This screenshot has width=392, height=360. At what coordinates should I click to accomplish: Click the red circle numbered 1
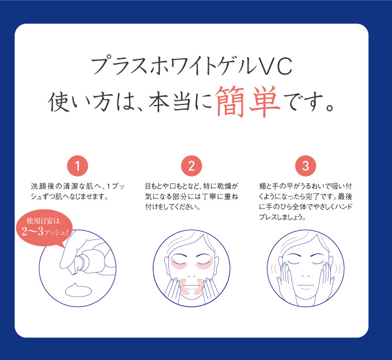77,166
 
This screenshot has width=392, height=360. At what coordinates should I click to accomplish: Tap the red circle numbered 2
191,166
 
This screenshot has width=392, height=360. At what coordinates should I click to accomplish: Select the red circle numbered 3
306,166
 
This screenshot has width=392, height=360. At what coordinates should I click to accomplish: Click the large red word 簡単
247,102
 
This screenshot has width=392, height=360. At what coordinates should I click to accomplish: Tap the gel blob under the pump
78,290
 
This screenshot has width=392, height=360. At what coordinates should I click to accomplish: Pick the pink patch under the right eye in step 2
204,263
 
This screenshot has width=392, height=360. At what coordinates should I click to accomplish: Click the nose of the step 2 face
192,276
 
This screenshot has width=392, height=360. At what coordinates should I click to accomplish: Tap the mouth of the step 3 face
306,286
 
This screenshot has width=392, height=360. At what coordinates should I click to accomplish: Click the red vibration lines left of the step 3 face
273,269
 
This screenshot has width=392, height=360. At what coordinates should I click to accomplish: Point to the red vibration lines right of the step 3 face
338,269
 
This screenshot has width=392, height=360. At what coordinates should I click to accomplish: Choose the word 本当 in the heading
170,102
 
